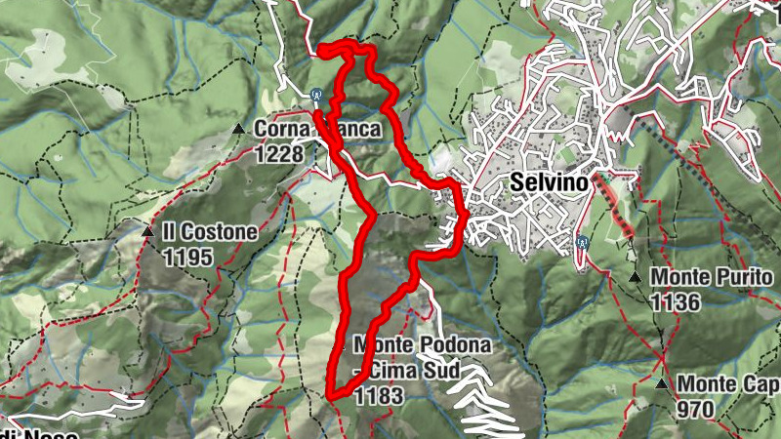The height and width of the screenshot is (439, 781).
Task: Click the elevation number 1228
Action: coord(279,153)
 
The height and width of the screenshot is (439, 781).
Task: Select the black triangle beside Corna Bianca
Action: coord(238,129)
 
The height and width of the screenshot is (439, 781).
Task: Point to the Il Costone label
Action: coord(210,232)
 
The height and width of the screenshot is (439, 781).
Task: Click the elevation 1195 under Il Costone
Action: coord(188,258)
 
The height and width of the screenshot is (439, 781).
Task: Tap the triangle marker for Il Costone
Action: coord(147,232)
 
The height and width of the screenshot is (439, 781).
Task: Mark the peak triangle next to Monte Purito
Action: coord(635,278)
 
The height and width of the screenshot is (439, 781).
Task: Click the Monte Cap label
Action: coord(728,384)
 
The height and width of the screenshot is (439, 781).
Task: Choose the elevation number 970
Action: coord(694,410)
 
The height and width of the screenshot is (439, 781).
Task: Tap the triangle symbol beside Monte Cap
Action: coord(664,384)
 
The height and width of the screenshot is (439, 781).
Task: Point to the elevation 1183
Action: coord(377,395)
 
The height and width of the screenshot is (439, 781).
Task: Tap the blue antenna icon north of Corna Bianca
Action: coord(316,96)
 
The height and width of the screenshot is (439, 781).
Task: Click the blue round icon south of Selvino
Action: coord(582,242)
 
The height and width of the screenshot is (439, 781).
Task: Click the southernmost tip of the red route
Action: coord(330,396)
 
